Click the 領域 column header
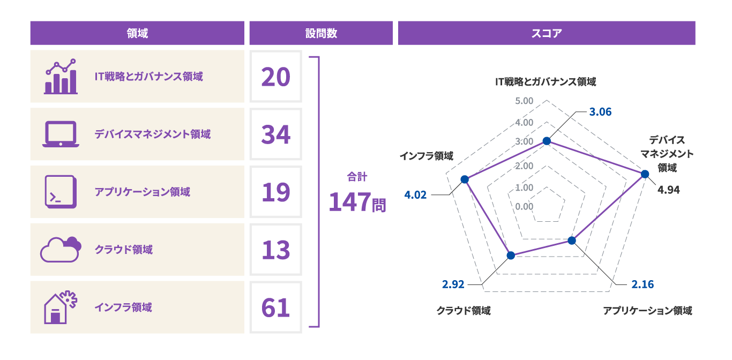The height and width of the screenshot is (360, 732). tap(137, 33)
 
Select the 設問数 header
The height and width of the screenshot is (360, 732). tap(321, 33)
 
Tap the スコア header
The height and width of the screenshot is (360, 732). tap(546, 33)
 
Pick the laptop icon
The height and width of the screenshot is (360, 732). tap(61, 134)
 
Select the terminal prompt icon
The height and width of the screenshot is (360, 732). tap(61, 192)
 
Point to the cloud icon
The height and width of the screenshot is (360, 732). tap(61, 250)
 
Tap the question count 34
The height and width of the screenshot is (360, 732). tap(276, 134)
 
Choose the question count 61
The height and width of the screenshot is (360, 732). tap(276, 307)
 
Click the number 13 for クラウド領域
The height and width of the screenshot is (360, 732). tap(276, 250)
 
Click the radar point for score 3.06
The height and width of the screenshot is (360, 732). tap(547, 141)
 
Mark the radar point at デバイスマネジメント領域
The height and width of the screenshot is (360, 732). tap(645, 174)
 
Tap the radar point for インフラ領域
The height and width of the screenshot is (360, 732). tap(465, 179)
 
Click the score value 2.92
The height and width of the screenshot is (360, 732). tap(453, 284)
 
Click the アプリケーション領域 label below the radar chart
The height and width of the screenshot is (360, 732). tap(647, 311)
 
